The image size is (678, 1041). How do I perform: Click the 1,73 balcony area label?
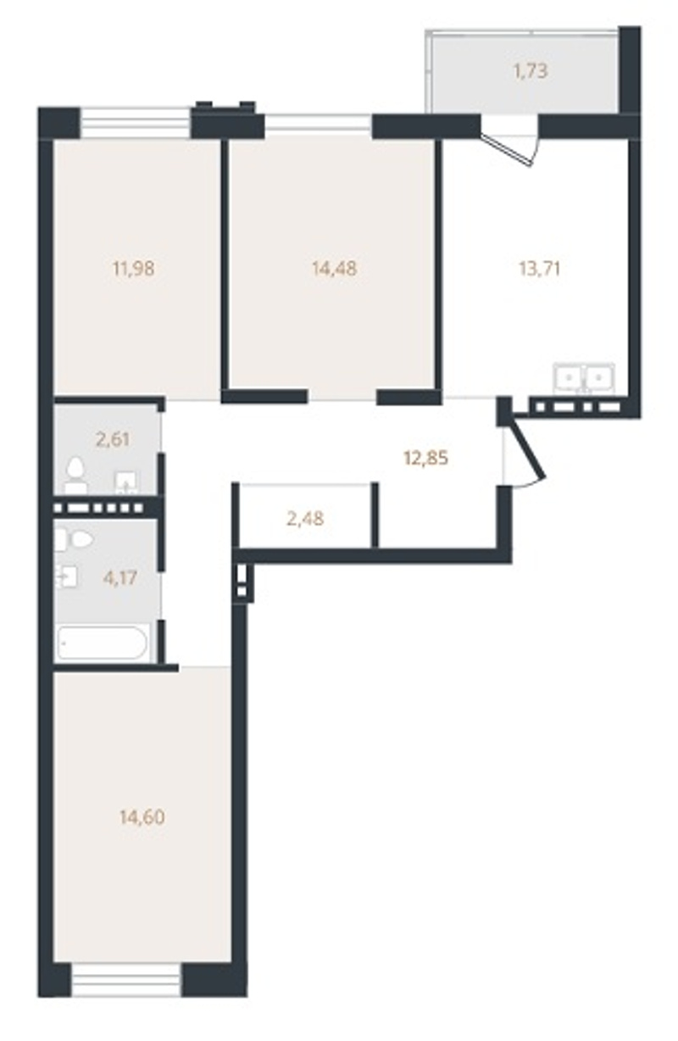point(530,71)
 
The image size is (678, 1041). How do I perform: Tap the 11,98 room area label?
point(133,268)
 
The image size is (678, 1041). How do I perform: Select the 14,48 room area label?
point(335,268)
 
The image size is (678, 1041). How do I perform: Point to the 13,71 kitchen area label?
point(539,269)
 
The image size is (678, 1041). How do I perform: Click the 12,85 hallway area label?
point(426,459)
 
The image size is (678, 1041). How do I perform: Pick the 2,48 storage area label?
point(305,519)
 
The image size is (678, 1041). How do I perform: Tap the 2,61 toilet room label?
point(113,439)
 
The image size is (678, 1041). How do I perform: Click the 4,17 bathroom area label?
point(119,578)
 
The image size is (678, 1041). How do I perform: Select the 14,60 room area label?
point(142,817)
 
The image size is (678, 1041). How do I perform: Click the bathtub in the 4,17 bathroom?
point(103,643)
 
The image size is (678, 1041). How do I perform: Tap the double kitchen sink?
point(584,377)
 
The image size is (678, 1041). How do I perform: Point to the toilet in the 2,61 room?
point(75,476)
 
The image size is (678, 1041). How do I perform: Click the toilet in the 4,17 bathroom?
point(74,539)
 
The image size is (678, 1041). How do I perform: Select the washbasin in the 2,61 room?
point(126,483)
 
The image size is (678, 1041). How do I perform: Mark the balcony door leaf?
point(507,148)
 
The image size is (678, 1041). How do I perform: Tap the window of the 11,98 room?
point(136,123)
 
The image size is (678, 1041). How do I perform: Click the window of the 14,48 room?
point(319,123)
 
